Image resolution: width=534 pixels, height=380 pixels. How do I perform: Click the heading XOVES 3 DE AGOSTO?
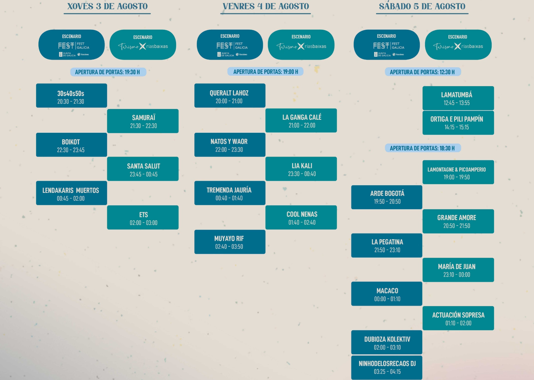pyautogui.click(x=107, y=6)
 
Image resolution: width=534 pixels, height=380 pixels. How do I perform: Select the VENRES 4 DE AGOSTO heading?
pyautogui.click(x=266, y=6)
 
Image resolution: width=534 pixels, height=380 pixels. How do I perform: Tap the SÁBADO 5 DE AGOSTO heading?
pyautogui.click(x=422, y=6)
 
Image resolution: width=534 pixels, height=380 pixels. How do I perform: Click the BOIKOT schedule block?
pyautogui.click(x=71, y=145)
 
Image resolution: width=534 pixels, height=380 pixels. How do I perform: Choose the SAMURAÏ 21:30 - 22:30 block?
pyautogui.click(x=143, y=121)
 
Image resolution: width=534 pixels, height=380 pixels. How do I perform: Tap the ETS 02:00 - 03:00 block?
pyautogui.click(x=143, y=217)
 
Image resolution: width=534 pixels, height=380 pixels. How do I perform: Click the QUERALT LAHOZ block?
pyautogui.click(x=230, y=96)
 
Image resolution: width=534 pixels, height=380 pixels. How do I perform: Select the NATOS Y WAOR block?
pyautogui.click(x=230, y=145)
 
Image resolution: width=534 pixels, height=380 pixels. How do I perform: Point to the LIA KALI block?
pyautogui.click(x=301, y=169)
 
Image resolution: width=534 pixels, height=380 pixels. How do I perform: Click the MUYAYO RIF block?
pyautogui.click(x=230, y=242)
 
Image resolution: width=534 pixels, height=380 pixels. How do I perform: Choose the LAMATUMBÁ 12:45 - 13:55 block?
pyautogui.click(x=458, y=98)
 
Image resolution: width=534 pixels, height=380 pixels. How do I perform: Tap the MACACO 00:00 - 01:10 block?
pyautogui.click(x=387, y=294)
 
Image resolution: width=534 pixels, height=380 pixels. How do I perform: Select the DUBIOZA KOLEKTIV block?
pyautogui.click(x=387, y=342)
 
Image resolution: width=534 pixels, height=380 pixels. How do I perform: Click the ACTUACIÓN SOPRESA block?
pyautogui.click(x=458, y=318)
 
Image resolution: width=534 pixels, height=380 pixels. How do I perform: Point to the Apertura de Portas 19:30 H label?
pyautogui.click(x=107, y=72)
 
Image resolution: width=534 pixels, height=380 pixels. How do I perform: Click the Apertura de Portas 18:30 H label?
pyautogui.click(x=422, y=148)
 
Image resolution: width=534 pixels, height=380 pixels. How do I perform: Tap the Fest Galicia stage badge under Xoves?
pyautogui.click(x=71, y=45)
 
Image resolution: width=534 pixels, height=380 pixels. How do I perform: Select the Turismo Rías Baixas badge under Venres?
pyautogui.click(x=301, y=45)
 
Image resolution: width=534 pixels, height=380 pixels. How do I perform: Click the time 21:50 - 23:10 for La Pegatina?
pyautogui.click(x=387, y=250)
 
